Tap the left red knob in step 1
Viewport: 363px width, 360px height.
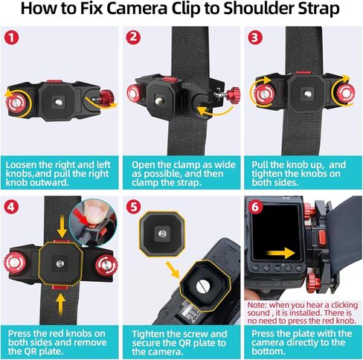click(17, 100)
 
